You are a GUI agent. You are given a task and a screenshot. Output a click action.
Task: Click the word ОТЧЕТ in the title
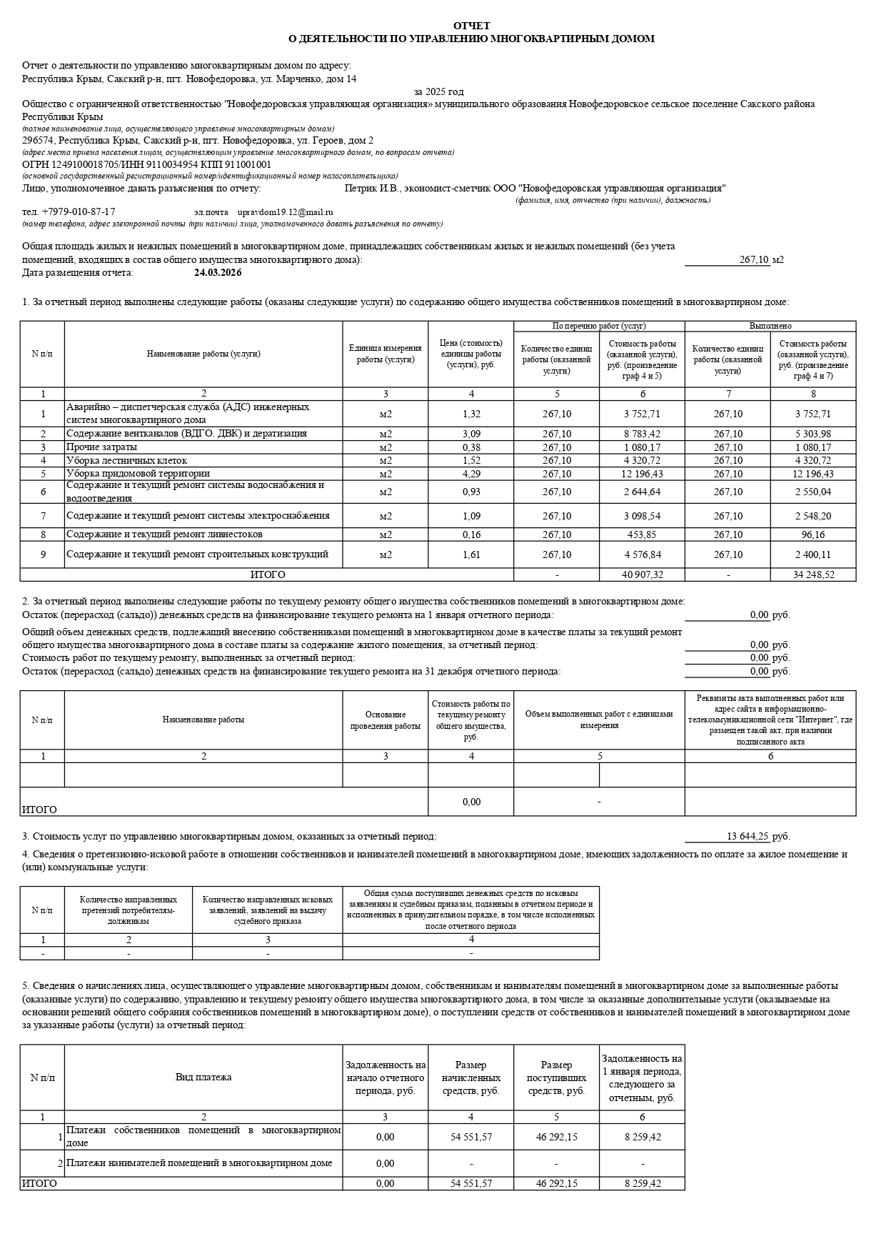(471, 26)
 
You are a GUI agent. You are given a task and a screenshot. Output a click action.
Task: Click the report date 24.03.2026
(218, 273)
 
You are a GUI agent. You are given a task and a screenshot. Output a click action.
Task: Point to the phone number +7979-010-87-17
(79, 212)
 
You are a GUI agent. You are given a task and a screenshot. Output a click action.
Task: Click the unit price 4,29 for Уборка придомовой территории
(471, 474)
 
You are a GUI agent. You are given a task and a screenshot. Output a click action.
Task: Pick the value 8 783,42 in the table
(643, 434)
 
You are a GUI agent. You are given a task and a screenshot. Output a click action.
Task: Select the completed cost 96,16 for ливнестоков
(813, 534)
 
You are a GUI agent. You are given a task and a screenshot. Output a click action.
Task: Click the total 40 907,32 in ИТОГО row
(643, 574)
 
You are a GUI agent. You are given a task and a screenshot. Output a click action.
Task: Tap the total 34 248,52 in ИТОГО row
(813, 574)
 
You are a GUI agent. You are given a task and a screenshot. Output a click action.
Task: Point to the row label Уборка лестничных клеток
(127, 460)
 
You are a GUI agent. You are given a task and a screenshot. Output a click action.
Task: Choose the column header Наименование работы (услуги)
(203, 354)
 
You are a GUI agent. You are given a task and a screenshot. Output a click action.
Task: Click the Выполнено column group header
(770, 326)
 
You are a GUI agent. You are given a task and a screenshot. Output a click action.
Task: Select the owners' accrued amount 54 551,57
(471, 1137)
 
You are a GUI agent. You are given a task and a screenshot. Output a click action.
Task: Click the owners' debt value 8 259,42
(643, 1137)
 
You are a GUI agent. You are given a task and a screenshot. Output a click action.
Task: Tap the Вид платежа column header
(203, 1077)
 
